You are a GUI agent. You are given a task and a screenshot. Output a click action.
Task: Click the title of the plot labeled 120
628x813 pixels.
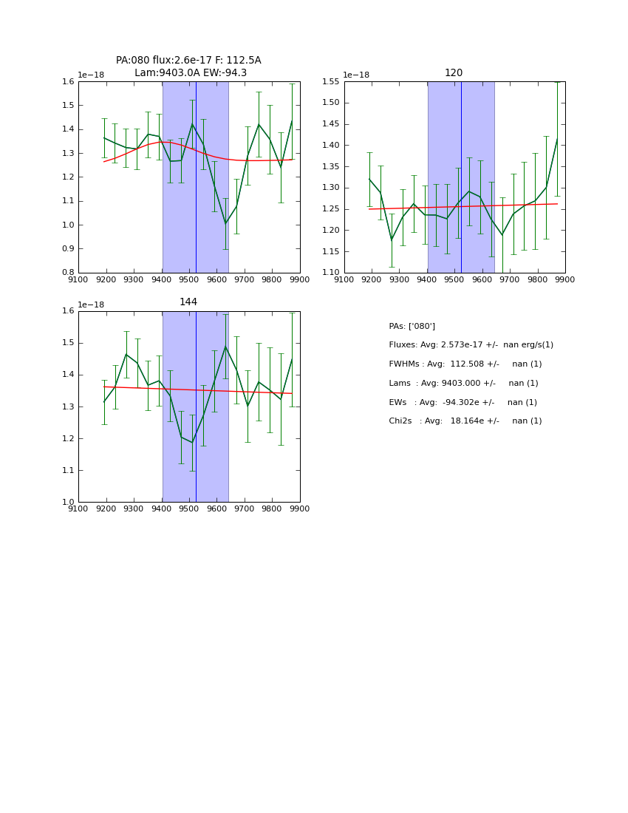454,73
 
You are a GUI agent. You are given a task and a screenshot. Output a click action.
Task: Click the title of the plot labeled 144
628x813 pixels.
188,302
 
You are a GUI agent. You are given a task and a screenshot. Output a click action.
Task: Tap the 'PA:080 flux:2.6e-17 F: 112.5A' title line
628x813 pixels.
188,61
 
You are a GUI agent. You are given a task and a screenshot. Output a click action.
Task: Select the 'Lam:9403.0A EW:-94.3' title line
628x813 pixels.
191,73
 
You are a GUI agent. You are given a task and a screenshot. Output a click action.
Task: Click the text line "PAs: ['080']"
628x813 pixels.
412,326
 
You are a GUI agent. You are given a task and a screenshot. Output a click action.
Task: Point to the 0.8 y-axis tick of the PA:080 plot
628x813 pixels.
67,273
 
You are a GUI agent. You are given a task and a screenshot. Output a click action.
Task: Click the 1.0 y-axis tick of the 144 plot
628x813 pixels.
67,502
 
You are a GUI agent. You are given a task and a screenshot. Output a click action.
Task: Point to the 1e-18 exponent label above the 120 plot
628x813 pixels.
356,75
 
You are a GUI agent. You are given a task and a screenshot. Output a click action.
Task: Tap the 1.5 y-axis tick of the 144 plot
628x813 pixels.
67,343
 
